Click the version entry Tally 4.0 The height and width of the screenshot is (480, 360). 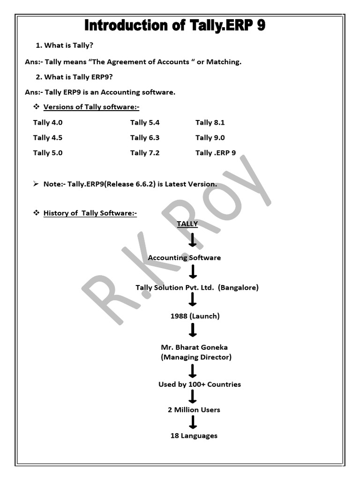click(x=48, y=123)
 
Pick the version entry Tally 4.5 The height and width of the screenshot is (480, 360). click(x=48, y=138)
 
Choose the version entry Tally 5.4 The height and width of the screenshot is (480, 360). click(x=145, y=123)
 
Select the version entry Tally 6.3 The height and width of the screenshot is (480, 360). click(x=145, y=138)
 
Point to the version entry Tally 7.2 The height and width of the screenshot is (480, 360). click(x=145, y=153)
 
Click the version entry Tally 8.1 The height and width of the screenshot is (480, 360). click(x=210, y=123)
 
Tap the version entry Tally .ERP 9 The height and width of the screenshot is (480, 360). click(x=216, y=153)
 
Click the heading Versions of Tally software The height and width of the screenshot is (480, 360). click(x=91, y=107)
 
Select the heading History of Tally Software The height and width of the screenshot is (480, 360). click(x=90, y=213)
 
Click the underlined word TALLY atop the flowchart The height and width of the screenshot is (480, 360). click(x=187, y=224)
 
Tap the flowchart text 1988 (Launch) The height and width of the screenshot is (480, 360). click(x=195, y=316)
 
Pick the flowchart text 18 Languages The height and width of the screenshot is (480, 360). click(x=194, y=436)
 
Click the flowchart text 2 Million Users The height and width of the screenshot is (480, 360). click(x=194, y=410)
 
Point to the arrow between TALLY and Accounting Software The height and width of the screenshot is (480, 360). click(x=192, y=240)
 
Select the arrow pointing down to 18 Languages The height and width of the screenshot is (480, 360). click(x=192, y=422)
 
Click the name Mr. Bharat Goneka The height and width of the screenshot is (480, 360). click(x=194, y=347)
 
